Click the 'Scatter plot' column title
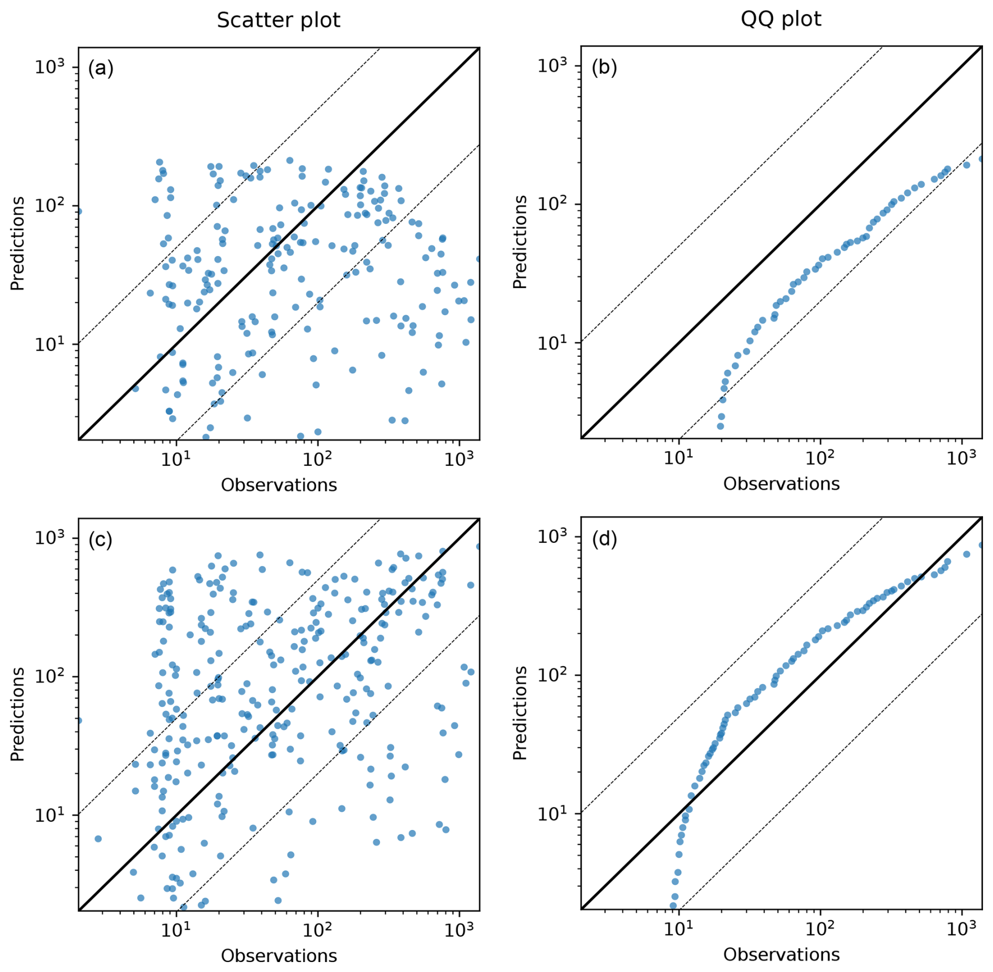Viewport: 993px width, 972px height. [278, 20]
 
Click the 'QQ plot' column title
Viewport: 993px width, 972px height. [780, 19]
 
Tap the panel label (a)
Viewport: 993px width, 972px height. [101, 68]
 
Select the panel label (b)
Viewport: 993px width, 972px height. [604, 67]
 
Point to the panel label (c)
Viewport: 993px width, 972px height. [100, 540]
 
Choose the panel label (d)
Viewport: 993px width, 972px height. [604, 539]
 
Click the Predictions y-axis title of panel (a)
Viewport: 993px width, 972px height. [17, 243]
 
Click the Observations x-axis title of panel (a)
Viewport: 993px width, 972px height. [279, 485]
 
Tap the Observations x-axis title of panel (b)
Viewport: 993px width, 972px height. [781, 484]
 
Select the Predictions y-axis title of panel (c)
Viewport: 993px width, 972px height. [17, 714]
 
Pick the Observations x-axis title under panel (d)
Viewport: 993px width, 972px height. [781, 954]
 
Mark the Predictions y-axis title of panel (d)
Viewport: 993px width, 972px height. [520, 713]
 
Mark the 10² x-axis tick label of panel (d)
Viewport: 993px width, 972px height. [819, 928]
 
